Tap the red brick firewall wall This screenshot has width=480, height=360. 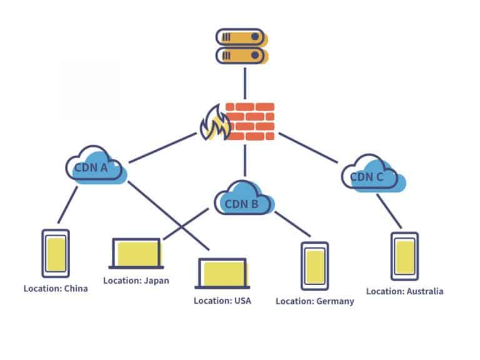250,121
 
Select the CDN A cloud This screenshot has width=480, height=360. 96,166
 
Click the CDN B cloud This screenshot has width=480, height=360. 244,199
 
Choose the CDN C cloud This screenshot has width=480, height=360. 372,175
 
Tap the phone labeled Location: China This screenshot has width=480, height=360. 56,253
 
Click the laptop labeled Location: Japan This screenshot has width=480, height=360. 136,253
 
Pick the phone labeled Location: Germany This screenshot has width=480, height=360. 314,266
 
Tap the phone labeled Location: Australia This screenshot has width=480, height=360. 404,256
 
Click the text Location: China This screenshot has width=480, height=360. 56,289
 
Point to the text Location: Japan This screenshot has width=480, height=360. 136,281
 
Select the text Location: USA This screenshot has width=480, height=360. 222,301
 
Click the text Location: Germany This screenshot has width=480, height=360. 315,301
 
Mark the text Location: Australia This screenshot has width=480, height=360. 404,291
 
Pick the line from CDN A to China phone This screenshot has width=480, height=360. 68,204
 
